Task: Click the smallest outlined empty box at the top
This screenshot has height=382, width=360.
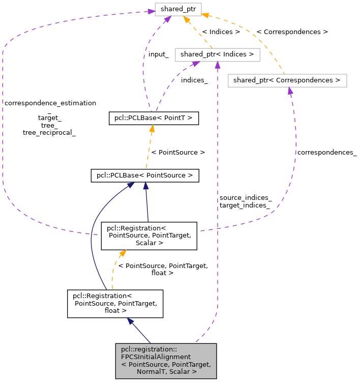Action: click(x=178, y=9)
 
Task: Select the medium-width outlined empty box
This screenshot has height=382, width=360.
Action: click(x=217, y=55)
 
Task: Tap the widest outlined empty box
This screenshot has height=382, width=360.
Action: click(x=287, y=80)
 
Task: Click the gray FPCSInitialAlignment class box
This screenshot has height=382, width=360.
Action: click(x=166, y=361)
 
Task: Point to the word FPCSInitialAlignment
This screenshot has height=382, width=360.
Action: click(x=156, y=357)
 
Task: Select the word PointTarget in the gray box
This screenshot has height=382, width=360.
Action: click(x=192, y=364)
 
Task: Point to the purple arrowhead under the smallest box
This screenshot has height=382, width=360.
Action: click(x=167, y=19)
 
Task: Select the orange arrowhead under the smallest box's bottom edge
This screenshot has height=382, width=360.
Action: click(x=186, y=20)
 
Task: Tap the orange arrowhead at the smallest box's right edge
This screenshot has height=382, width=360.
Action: click(x=204, y=15)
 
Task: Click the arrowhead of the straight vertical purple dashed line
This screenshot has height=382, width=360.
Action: click(x=218, y=65)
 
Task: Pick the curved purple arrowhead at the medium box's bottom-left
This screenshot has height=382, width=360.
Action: click(x=195, y=64)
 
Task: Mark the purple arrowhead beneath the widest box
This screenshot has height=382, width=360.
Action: click(x=290, y=91)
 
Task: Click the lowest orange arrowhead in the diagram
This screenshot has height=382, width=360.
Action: click(x=122, y=253)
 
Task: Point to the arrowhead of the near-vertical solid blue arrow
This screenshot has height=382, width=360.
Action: click(x=145, y=186)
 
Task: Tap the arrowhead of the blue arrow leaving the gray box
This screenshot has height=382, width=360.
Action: click(x=130, y=321)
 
